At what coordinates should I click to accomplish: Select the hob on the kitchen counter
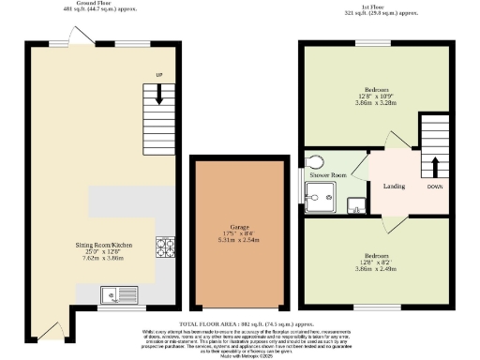165,247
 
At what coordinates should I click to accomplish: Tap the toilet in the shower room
313,160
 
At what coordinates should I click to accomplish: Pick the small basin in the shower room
355,206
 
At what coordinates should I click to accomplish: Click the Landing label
394,186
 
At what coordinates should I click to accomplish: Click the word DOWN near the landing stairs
434,186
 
